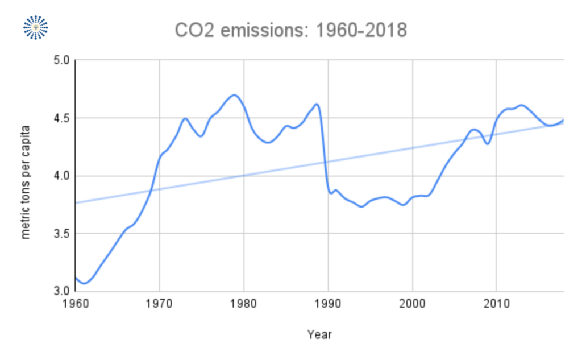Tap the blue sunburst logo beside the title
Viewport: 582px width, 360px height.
tap(36, 27)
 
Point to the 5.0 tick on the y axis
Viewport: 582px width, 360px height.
tap(61, 60)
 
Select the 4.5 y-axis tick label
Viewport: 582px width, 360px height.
tap(61, 118)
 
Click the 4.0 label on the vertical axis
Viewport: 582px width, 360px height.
tap(61, 176)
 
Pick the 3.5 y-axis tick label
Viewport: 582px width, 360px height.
tap(61, 234)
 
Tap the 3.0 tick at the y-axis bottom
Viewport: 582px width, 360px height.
tap(61, 291)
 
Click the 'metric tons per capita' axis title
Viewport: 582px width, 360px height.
tap(26, 181)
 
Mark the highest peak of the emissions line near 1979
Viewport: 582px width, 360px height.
tap(234, 95)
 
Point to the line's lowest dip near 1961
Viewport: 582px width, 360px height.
tap(84, 283)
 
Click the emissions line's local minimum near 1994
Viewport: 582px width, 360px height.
tap(361, 206)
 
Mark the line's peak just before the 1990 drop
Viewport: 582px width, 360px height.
tap(317, 104)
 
